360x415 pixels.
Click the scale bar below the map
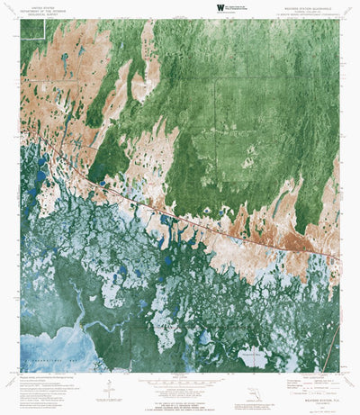(180, 380)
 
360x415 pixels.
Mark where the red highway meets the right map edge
(340, 260)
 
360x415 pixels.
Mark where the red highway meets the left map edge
(21, 125)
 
